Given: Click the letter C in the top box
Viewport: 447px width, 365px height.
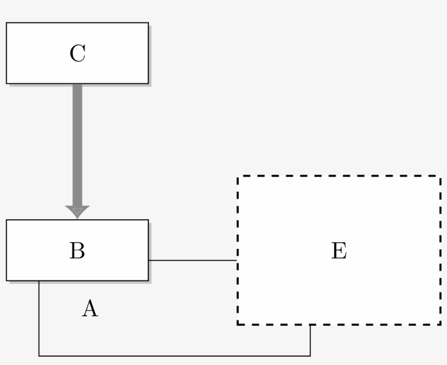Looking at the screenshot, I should (77, 53).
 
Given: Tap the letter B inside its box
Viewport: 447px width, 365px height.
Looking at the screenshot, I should (77, 250).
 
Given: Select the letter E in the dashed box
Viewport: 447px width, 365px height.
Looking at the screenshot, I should (339, 250).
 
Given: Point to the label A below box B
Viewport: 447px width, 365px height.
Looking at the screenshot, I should (90, 309).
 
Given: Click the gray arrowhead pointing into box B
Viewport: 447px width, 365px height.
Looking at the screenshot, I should (77, 212).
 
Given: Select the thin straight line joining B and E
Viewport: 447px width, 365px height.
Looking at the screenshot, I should (192, 260).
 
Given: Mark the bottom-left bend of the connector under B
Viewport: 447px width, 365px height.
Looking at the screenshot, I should (39, 356).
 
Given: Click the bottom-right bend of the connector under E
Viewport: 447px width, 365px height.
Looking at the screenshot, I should (310, 356).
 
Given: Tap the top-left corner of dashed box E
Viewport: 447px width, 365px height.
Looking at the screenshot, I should (238, 176).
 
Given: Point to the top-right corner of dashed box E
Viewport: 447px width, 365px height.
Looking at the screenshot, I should (440, 176).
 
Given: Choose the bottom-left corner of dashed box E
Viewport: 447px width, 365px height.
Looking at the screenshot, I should (238, 325).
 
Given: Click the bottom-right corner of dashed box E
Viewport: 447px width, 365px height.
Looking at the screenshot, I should (440, 325).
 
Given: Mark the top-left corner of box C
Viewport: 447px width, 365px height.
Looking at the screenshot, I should (7, 23).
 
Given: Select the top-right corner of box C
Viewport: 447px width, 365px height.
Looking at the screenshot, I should (148, 23).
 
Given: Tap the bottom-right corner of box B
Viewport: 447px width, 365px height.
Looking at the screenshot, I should (148, 280).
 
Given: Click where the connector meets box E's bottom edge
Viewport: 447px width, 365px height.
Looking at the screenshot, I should (310, 325).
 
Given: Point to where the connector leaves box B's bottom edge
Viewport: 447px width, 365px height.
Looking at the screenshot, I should (39, 281).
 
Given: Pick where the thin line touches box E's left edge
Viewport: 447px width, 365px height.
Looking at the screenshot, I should (237, 260).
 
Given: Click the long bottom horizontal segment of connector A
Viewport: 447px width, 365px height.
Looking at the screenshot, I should (174, 356).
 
